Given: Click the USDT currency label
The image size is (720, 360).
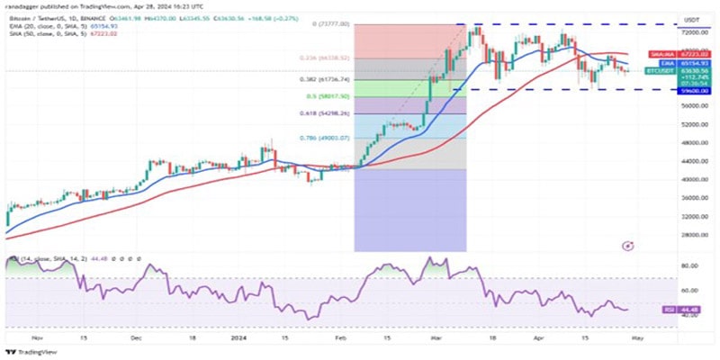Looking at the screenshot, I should click(x=692, y=18).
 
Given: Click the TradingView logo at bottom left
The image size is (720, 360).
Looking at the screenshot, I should click(x=27, y=353).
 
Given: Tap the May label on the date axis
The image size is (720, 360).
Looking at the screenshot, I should click(x=635, y=339).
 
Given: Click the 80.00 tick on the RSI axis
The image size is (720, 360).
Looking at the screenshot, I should click(x=688, y=266).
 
